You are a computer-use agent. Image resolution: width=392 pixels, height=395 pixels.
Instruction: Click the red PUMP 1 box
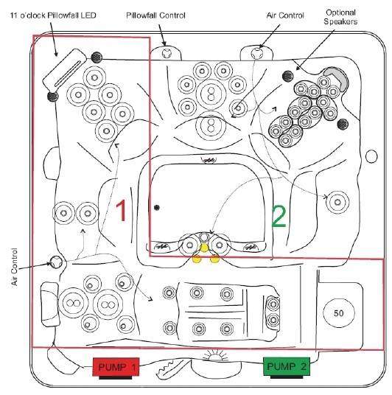click(116, 367)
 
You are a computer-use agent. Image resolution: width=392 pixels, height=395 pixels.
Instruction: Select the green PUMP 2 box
click(287, 366)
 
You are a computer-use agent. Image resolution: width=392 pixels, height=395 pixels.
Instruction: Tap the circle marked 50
click(339, 313)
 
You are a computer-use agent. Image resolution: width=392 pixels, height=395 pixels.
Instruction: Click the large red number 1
click(121, 211)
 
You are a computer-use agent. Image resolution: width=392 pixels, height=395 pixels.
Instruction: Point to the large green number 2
click(279, 217)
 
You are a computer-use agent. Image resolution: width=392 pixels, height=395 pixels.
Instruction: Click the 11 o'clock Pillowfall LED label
click(53, 15)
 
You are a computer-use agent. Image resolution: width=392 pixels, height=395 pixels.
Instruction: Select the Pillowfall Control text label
click(155, 15)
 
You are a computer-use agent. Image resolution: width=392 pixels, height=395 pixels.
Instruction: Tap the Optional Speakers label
click(340, 17)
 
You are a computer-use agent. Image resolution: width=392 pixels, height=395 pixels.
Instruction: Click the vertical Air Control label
click(15, 267)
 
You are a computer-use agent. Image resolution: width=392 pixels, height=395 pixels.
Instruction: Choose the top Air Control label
click(285, 15)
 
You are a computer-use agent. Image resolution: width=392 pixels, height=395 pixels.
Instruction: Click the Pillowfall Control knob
click(167, 53)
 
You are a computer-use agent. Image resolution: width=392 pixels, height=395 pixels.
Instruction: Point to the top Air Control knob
click(256, 53)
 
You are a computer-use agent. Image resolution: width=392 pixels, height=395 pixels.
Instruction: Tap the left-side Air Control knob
click(56, 262)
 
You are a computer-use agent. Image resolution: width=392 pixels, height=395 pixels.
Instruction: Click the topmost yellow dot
click(204, 248)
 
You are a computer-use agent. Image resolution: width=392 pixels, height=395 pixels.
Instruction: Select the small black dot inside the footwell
click(157, 208)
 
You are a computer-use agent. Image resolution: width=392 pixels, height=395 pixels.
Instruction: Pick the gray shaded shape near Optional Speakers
click(337, 77)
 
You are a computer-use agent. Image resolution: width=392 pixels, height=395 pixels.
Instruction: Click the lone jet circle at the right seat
click(337, 202)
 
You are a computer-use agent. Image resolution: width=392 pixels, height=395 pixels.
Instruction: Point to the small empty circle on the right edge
click(371, 156)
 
